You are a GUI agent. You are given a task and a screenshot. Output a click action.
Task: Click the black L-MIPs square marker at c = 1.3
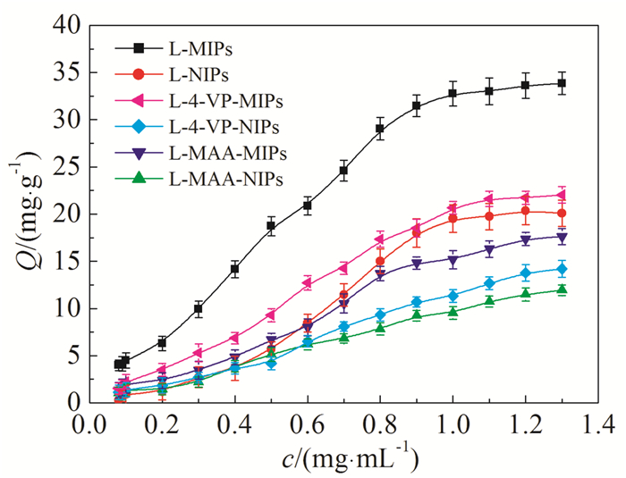point(562,83)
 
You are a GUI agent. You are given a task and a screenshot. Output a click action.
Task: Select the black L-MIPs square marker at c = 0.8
point(380,129)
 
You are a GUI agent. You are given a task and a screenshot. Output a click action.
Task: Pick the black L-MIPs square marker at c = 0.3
point(199,309)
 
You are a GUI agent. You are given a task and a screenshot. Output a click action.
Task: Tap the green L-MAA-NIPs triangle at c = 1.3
point(562,289)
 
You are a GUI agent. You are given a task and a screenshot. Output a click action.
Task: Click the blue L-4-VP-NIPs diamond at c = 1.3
point(562,269)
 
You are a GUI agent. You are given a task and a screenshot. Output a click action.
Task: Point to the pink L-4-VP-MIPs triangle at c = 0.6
point(307,283)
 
